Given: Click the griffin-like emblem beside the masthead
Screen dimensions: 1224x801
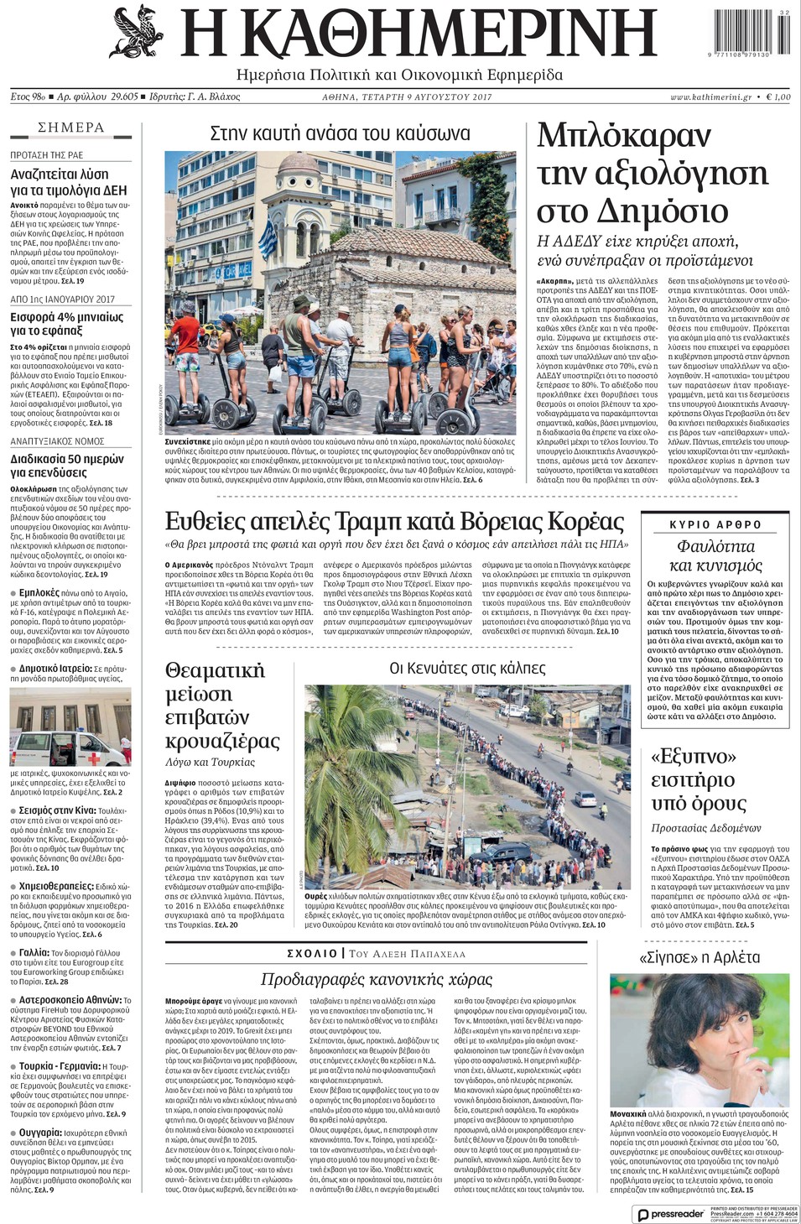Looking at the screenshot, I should click(x=138, y=33).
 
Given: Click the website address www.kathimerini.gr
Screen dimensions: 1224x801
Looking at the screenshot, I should click(x=710, y=97).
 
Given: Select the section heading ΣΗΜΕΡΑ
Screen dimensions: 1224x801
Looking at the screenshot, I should click(x=71, y=128).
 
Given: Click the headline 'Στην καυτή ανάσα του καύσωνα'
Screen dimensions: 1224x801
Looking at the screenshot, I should click(x=340, y=133).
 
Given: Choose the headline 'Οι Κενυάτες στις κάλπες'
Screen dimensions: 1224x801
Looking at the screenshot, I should click(x=467, y=668).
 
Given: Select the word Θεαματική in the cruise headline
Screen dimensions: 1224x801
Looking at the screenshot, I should click(x=215, y=670).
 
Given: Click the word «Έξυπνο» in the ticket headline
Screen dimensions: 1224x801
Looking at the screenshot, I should click(x=693, y=757).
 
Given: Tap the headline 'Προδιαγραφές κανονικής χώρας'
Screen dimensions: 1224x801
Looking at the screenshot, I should click(x=377, y=979).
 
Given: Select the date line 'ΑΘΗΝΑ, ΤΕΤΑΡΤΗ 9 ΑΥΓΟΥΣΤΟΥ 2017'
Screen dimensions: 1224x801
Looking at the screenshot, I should click(x=408, y=97).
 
